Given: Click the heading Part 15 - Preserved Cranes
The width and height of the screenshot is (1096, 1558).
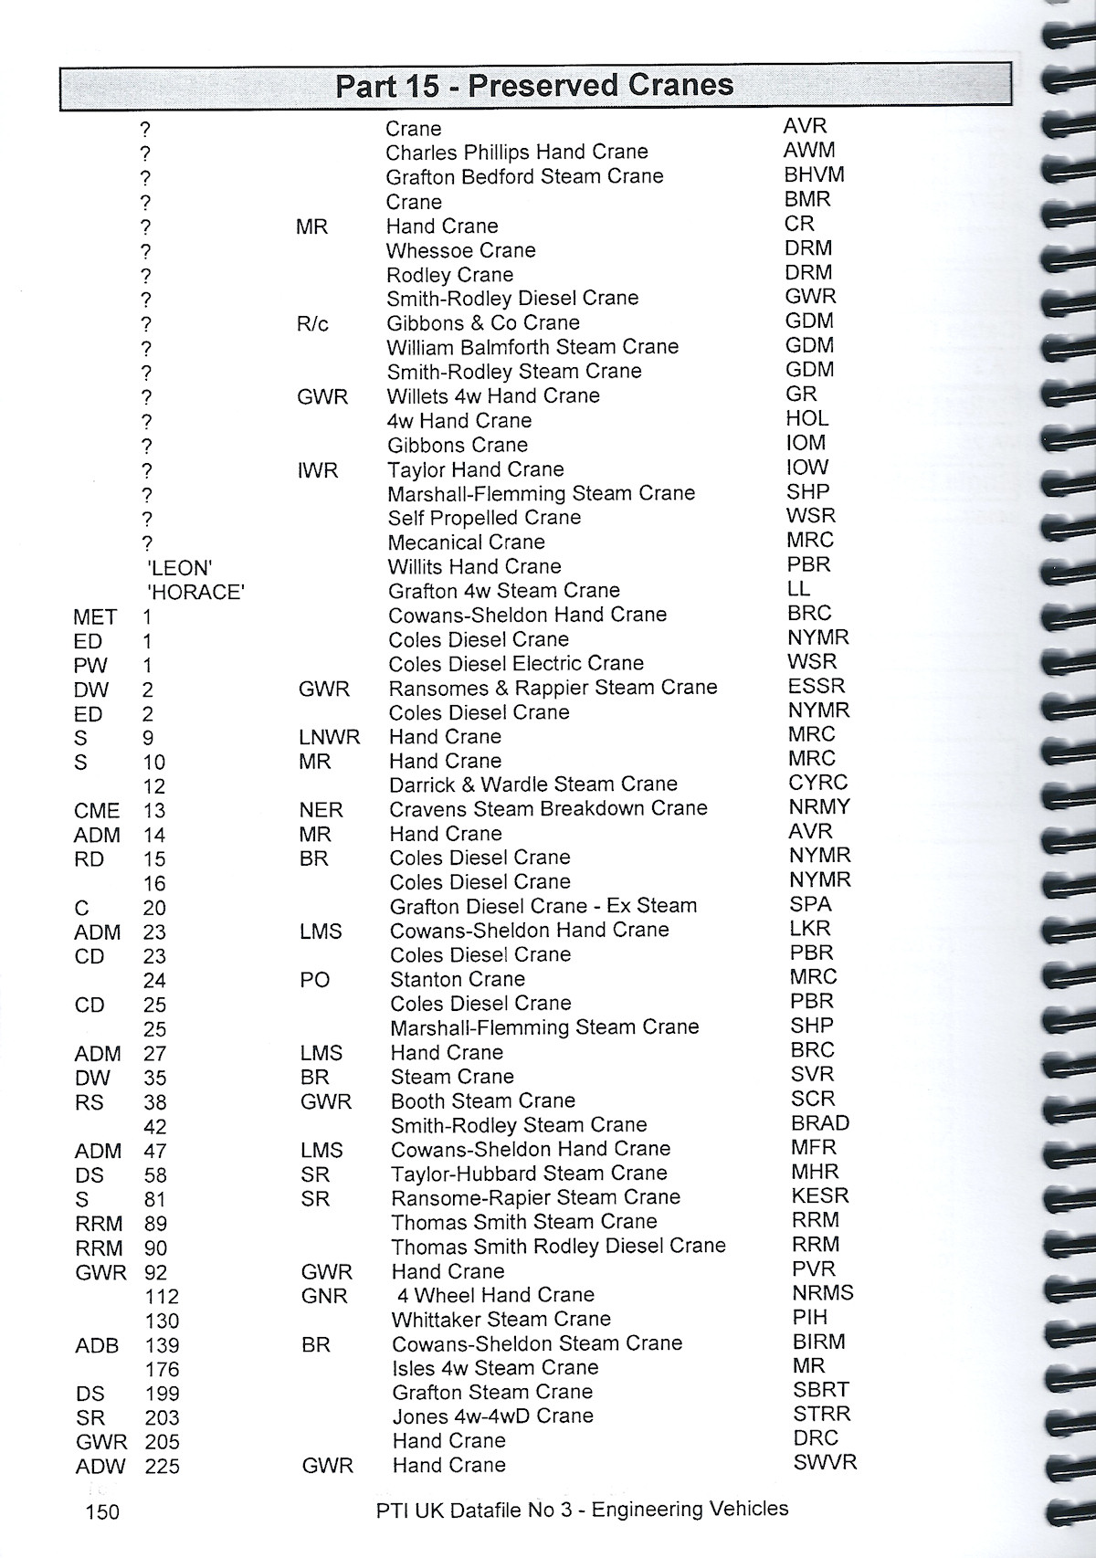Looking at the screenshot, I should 534,86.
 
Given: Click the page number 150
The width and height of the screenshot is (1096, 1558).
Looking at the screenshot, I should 101,1512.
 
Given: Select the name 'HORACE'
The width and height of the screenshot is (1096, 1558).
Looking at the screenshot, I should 196,592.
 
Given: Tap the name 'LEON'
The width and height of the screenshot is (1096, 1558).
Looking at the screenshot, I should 180,568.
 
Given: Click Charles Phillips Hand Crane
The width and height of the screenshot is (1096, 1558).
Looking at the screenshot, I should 516,153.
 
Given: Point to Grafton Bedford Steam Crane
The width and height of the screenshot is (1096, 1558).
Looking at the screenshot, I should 524,176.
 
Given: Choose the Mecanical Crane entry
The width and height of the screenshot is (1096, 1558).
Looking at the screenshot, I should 466,542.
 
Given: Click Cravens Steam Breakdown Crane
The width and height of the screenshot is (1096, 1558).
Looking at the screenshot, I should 548,808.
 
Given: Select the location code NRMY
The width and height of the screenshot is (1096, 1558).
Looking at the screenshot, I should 818,807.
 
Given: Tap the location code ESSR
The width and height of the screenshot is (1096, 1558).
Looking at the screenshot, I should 817,686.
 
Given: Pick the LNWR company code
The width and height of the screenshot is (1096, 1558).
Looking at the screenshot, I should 329,737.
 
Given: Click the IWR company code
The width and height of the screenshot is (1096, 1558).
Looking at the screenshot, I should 317,470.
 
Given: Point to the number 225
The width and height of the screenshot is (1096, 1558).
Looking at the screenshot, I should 162,1467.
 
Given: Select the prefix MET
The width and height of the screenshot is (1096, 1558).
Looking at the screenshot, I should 95,617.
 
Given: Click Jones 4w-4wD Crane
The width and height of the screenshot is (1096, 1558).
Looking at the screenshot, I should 492,1416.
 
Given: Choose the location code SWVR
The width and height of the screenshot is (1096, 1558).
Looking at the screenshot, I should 825,1462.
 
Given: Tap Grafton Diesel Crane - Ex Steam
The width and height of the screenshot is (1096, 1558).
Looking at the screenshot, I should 543,906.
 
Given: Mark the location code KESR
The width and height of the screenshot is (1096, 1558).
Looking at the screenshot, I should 819,1195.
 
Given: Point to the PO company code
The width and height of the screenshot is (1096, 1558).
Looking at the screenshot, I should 314,980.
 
